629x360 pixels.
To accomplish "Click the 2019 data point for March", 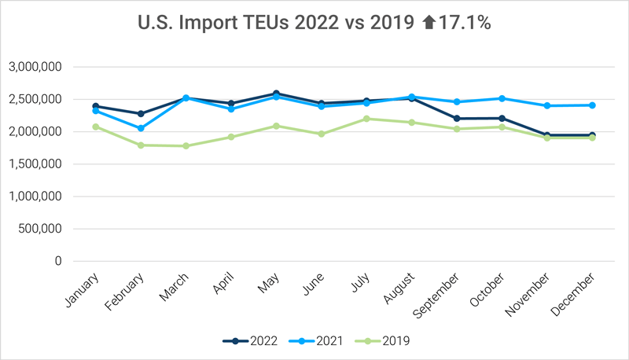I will pos(185,145).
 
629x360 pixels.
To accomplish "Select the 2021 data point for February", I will pos(140,128).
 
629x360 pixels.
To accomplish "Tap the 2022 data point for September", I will pos(456,119).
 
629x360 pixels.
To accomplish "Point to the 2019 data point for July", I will pos(366,119).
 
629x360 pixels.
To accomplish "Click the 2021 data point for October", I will pos(501,98).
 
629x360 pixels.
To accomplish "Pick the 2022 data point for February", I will pos(140,113).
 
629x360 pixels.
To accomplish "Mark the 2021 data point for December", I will pos(591,105).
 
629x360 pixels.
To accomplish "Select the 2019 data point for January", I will pos(95,127).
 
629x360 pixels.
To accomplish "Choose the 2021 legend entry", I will pos(315,340).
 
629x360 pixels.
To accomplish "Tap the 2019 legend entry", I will pos(381,340).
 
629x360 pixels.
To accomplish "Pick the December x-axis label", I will pos(581,291).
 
